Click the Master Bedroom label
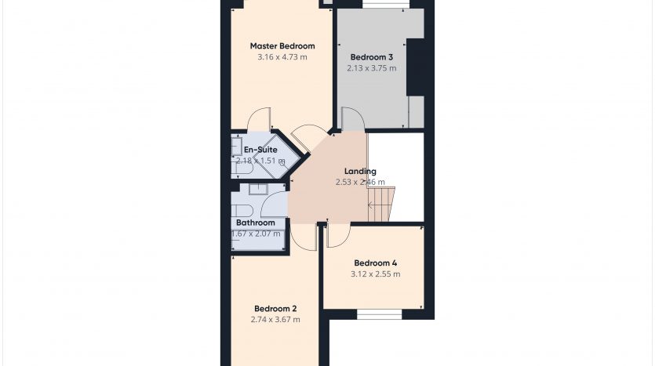pos(282,46)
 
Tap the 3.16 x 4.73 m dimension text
pos(282,56)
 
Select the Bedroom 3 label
pos(372,57)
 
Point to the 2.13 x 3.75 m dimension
pos(372,68)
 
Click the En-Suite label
pos(260,150)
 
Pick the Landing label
pos(360,171)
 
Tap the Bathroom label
pos(256,223)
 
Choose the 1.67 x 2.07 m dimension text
pos(256,234)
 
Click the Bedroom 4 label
pos(376,263)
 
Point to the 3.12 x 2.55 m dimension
pos(376,274)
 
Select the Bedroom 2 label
pos(275,309)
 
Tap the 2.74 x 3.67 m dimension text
pos(275,320)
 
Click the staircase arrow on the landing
pos(374,205)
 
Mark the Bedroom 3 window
pos(386,4)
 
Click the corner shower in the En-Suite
pos(277,157)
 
